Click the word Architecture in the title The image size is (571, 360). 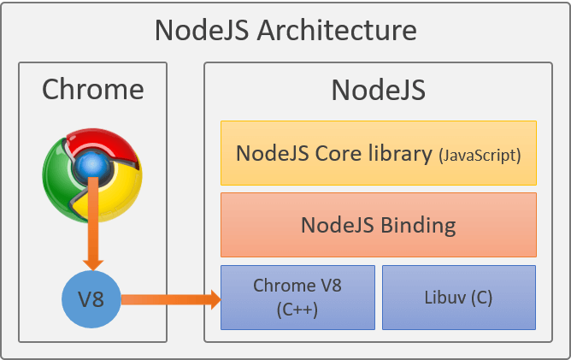coord(337,30)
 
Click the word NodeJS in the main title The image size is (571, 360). coord(202,30)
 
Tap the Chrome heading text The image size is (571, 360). coord(93,89)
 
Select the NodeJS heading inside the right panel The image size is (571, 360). coord(379,90)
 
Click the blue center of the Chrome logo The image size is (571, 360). coord(91,166)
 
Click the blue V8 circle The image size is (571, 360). coord(91,299)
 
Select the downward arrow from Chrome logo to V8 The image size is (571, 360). coord(93,223)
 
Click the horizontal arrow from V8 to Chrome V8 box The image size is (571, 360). coord(171,299)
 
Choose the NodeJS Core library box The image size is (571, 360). coord(379,153)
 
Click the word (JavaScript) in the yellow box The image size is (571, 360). coord(480,156)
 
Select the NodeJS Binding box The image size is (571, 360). coord(379,225)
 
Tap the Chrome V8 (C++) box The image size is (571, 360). coord(297,298)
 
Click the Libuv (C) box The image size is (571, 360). coord(459,298)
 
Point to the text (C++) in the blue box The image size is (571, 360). coord(297,310)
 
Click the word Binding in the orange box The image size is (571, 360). coord(418,225)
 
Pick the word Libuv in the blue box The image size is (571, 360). coord(445,298)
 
